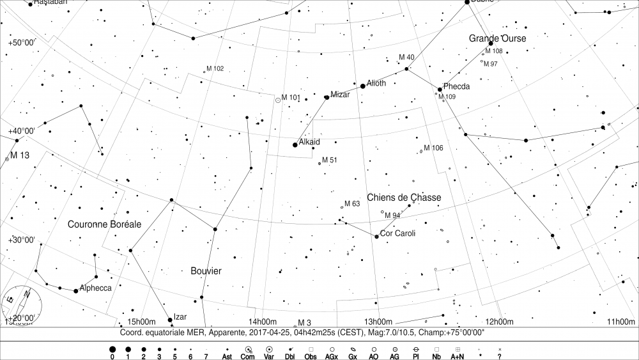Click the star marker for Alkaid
click(x=295, y=145)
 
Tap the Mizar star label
click(x=340, y=95)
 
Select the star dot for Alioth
click(x=363, y=86)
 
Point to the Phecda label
click(x=456, y=86)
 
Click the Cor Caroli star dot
click(x=376, y=237)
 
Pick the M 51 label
click(x=329, y=160)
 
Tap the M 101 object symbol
click(x=278, y=100)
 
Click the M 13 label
click(x=20, y=155)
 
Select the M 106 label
click(x=433, y=148)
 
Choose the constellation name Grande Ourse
click(x=497, y=38)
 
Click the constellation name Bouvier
click(x=206, y=271)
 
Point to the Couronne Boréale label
click(x=104, y=224)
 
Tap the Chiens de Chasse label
click(x=403, y=198)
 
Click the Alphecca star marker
click(x=76, y=291)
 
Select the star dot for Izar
click(x=170, y=320)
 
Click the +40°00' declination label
click(x=22, y=131)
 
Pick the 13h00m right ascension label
click(x=378, y=322)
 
